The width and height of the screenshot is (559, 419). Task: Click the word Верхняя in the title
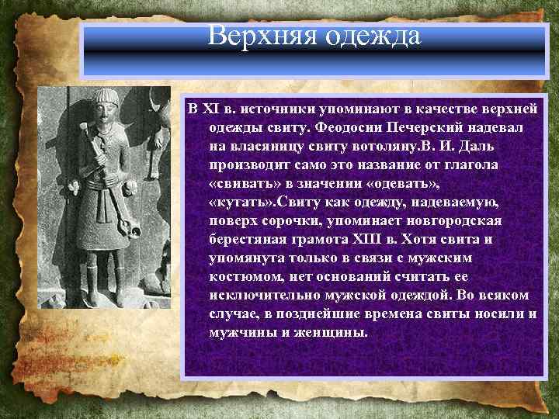(256, 36)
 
